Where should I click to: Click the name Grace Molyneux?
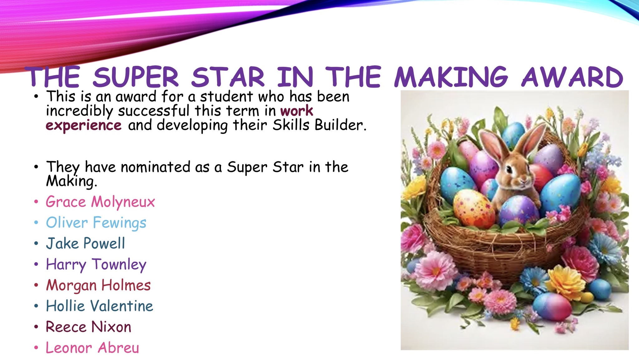pos(100,202)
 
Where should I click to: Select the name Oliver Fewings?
pos(96,223)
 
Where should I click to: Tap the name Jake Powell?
pos(85,243)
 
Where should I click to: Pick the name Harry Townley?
pos(96,265)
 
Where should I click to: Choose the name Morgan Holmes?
pos(98,285)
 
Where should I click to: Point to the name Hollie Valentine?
pos(100,306)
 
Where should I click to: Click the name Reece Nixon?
pos(89,327)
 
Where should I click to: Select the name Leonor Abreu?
pos(92,348)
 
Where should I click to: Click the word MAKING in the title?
pos(451,77)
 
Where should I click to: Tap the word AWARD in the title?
pos(572,77)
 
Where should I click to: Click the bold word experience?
pos(84,125)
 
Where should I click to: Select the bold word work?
pos(296,111)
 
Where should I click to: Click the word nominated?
pos(155,167)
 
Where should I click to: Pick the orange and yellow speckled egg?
pos(473,208)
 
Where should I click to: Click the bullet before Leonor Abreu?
pos(37,348)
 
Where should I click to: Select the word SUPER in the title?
pos(135,77)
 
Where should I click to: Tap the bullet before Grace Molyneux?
pos(37,202)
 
